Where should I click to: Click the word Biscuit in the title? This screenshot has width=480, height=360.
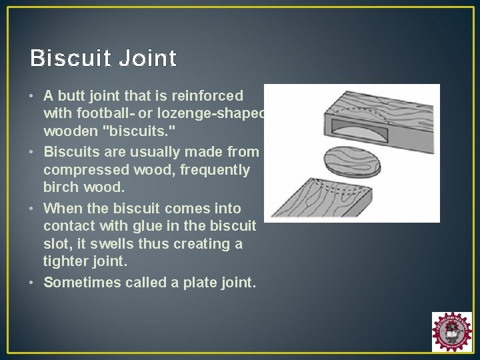point(71,59)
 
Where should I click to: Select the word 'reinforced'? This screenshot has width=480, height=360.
point(210,95)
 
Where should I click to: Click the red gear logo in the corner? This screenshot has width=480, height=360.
point(451,331)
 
